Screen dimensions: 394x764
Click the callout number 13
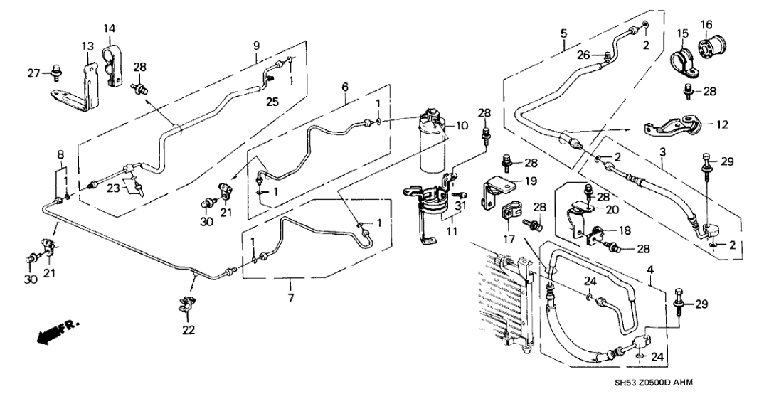point(87,46)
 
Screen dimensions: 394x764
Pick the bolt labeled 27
point(55,71)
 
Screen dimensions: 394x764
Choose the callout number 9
point(257,46)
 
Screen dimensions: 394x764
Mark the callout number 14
point(110,28)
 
